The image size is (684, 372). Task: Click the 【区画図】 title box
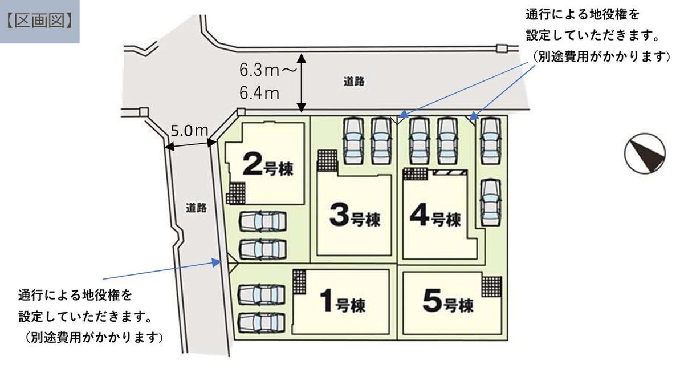point(40,22)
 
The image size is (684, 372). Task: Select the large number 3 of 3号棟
point(339,215)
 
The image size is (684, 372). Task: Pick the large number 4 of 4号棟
point(420,215)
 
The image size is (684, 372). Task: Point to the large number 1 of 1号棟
point(327,301)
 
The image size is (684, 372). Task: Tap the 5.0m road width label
point(189,131)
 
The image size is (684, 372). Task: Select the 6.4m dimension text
point(259,93)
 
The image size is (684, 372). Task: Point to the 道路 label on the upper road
point(354,82)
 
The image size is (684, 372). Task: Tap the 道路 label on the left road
point(196,208)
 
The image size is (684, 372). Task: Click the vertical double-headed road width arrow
point(302,83)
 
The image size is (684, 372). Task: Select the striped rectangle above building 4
point(450,173)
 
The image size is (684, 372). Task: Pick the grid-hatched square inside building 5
point(491,287)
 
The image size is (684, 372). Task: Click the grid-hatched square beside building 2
point(236,193)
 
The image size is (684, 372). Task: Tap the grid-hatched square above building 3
point(327,160)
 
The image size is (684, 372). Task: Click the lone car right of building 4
point(491,203)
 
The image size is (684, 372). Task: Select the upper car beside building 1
point(262,294)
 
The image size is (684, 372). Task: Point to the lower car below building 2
point(263,249)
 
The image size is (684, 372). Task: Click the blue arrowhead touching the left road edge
point(217,262)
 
